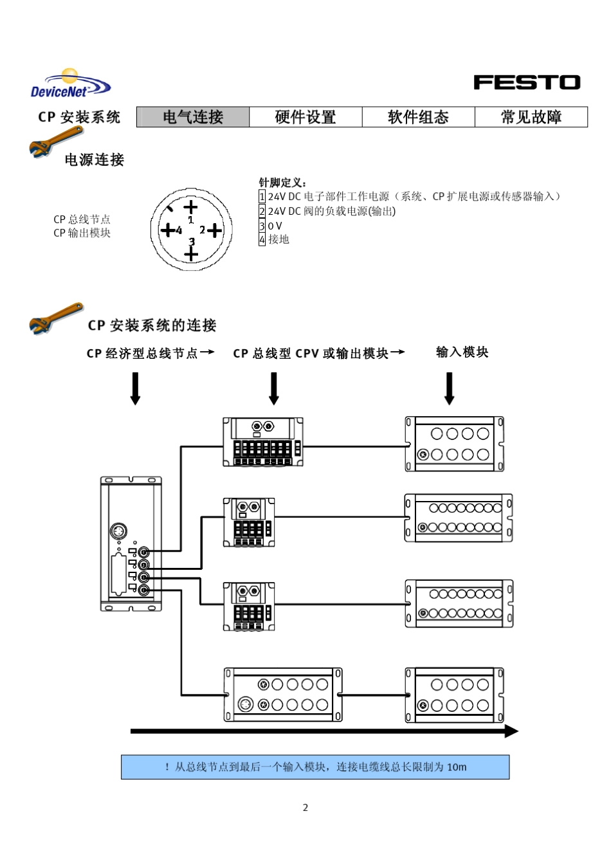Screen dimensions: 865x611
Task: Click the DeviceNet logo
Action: (70, 84)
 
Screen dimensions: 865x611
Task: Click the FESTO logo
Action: (527, 82)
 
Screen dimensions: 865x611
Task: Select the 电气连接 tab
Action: (193, 117)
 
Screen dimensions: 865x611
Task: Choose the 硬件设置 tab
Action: (305, 117)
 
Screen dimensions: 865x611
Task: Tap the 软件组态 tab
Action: (418, 117)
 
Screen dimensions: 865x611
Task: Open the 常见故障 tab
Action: (531, 117)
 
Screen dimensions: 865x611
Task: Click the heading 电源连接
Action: (94, 159)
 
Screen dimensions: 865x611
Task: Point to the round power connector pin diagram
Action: (191, 230)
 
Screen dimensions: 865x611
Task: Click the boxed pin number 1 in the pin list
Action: (262, 196)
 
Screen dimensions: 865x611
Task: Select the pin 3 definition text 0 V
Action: (275, 226)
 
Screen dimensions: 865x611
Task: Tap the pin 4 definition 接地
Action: (278, 239)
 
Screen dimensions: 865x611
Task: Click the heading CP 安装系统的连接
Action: (152, 325)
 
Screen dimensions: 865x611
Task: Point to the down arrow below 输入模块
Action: (450, 388)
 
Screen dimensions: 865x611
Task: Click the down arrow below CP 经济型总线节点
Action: (135, 388)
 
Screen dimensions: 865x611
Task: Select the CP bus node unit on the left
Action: (131, 543)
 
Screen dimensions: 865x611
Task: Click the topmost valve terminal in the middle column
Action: (263, 442)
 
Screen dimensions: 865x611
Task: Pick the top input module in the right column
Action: (454, 444)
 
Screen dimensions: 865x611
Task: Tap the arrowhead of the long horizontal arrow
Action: (511, 731)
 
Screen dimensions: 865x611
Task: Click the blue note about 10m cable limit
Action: (315, 767)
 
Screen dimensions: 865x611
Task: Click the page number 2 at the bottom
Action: (305, 808)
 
